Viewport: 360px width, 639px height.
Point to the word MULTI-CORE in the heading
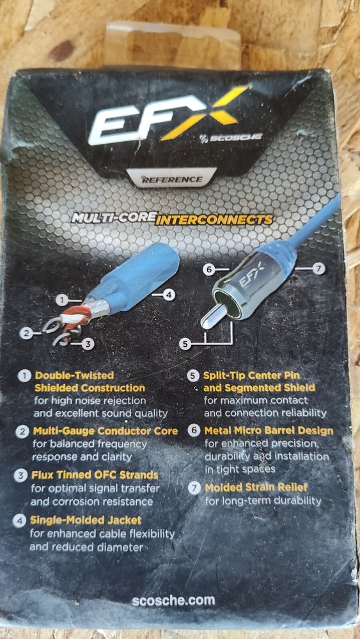(113, 218)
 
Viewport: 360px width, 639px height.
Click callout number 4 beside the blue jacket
(169, 295)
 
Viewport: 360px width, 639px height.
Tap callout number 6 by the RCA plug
(208, 269)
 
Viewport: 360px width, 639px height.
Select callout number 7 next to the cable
(319, 269)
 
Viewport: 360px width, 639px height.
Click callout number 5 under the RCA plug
(185, 344)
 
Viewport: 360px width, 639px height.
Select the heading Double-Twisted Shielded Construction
(90, 381)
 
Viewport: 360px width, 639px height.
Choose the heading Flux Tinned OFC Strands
(96, 475)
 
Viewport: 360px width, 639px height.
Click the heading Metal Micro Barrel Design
(269, 431)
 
